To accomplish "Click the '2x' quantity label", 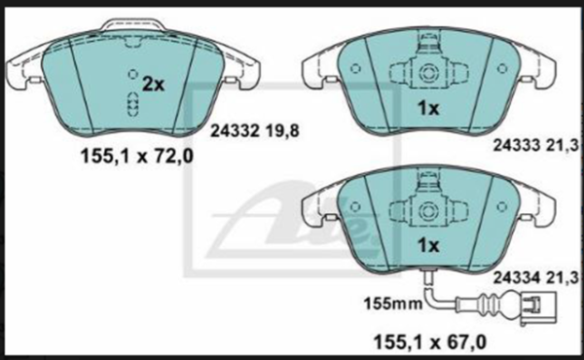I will click(154, 85).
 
